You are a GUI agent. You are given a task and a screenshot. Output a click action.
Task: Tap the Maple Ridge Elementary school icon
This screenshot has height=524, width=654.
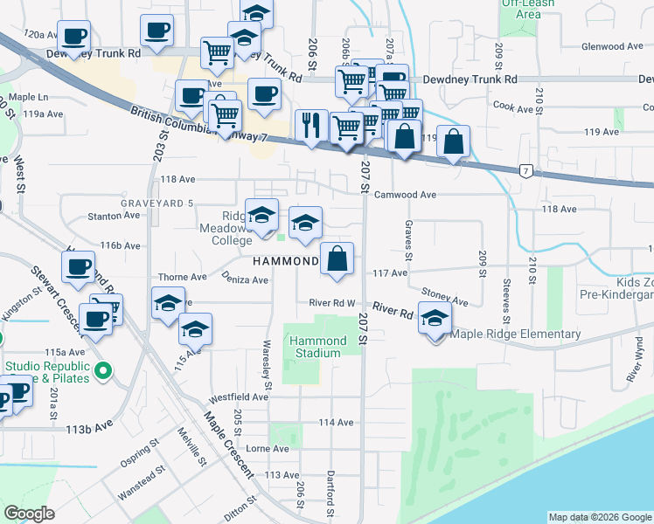pos(433,320)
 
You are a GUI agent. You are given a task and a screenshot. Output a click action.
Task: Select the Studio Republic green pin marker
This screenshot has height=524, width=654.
pos(103,372)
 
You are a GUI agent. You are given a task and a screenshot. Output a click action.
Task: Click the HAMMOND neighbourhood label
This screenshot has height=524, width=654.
pos(285,262)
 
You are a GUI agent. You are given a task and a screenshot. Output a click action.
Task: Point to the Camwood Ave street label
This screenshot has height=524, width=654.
pos(405,196)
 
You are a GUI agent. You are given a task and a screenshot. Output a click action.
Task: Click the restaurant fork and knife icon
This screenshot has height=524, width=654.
pos(312,126)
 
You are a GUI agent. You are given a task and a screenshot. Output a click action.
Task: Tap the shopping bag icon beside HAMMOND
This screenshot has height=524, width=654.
pos(337,259)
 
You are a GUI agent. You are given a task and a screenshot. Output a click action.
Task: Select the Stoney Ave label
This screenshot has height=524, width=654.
pos(445,298)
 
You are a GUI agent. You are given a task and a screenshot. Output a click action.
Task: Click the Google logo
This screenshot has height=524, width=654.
pos(31,514)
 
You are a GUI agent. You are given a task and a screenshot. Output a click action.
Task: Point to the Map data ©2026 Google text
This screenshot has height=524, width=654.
pos(599,517)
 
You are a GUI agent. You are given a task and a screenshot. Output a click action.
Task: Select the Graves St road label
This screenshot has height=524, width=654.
pos(408,239)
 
